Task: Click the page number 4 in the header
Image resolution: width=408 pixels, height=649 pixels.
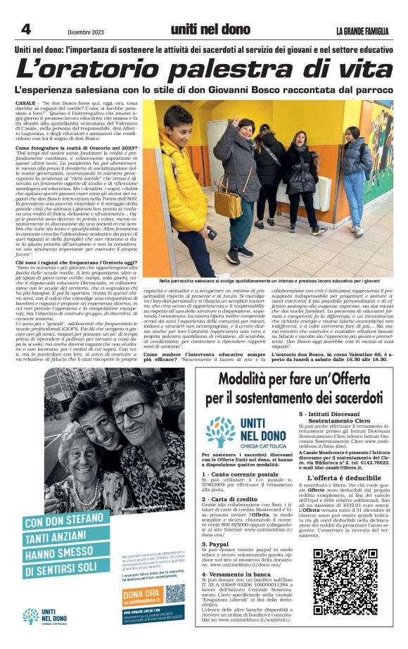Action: [x=25, y=29]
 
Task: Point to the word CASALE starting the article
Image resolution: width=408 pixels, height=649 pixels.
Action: [x=25, y=103]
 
